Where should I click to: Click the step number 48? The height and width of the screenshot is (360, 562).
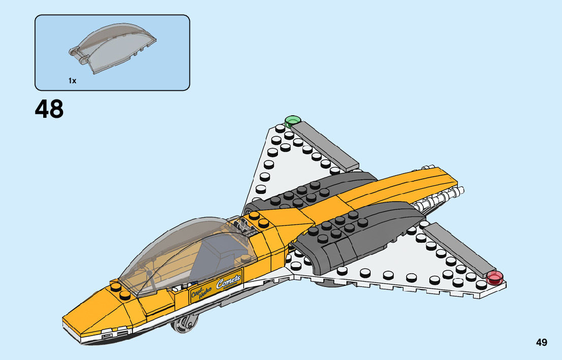click(x=49, y=109)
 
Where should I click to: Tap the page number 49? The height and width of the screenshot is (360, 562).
click(x=541, y=343)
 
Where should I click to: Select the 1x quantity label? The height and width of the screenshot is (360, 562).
click(x=72, y=81)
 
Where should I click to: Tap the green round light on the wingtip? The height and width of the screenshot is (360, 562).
click(x=292, y=121)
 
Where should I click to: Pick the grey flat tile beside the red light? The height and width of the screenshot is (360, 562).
click(x=457, y=249)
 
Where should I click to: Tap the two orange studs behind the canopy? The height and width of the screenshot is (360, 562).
click(x=259, y=219)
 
